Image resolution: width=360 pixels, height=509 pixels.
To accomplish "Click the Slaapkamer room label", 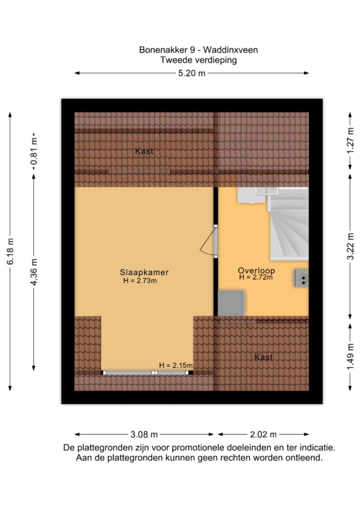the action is tap(144, 272).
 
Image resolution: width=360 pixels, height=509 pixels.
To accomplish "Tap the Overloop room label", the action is tap(256, 270).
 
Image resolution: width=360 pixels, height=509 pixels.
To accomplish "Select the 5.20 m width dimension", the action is tap(191, 73).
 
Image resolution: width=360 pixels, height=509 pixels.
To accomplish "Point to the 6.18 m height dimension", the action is tap(11, 251).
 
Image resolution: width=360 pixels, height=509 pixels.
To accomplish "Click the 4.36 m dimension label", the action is tap(34, 272).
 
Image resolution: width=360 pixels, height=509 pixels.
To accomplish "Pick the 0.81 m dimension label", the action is tap(34, 152).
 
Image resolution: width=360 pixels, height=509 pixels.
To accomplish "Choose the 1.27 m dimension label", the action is tap(350, 141).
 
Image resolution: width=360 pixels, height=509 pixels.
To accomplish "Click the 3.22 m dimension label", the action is tap(350, 246).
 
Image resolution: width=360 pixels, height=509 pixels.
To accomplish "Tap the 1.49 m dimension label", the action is tap(350, 356).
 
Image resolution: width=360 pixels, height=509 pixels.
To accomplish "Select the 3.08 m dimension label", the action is tap(144, 434).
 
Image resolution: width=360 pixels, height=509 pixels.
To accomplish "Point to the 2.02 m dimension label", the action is tap(263, 434).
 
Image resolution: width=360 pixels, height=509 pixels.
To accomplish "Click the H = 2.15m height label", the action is tap(176, 365).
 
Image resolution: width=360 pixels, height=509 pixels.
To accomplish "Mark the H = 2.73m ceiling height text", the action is tap(140, 281).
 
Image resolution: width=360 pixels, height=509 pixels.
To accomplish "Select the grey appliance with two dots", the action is tap(301, 278).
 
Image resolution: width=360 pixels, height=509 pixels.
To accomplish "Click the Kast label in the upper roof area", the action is tap(144, 151).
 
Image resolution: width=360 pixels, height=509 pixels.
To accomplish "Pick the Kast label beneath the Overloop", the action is tap(264, 357).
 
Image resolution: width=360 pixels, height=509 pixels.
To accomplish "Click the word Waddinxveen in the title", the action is tap(230, 50).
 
